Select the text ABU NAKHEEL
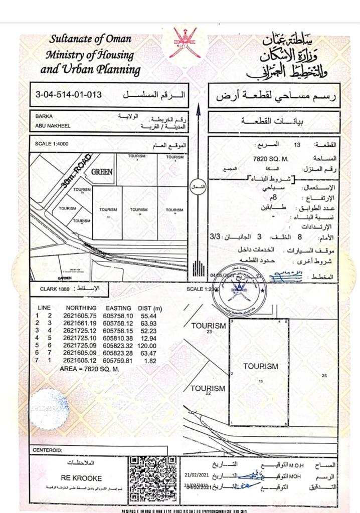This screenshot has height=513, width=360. tap(52, 126)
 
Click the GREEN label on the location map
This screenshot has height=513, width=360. tap(101, 171)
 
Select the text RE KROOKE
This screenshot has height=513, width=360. tap(81, 478)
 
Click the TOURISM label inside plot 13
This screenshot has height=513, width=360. tap(260, 366)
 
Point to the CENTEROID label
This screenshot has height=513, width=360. tap(48, 450)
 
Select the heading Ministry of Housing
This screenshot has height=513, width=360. tap(90, 55)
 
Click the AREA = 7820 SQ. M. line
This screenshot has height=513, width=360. tap(89, 368)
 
